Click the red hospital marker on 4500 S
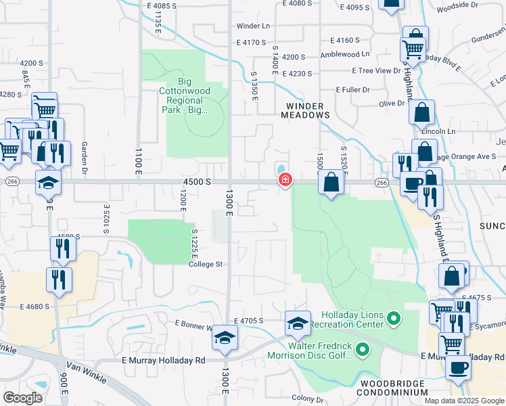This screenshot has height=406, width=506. click(285, 180)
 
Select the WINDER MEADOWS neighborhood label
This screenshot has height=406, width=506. click(305, 110)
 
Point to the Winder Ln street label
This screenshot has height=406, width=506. click(253, 26)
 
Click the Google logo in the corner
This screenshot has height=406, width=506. click(22, 398)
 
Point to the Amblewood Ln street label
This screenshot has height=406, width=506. click(346, 54)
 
